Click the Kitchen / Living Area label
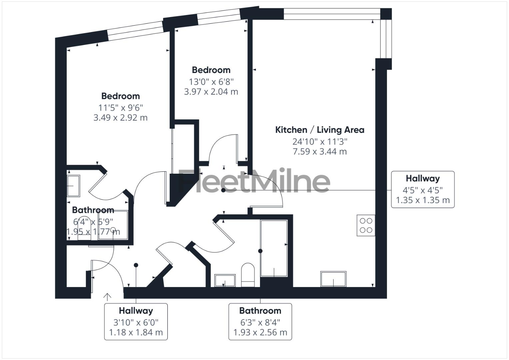(319, 130)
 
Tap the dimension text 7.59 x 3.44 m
(319, 152)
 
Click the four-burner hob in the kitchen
(366, 225)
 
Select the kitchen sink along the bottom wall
(333, 279)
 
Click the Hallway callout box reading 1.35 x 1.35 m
(422, 189)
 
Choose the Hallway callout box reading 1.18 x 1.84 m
(136, 321)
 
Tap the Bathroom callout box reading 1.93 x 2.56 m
(260, 321)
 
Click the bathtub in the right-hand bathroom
(274, 248)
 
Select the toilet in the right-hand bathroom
(248, 275)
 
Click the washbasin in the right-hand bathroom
(225, 280)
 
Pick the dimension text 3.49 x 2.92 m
(120, 118)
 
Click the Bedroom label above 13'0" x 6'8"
(211, 70)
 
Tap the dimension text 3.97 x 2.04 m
(211, 92)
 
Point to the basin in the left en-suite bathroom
(73, 186)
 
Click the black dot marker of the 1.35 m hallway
(223, 190)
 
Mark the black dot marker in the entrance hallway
(136, 265)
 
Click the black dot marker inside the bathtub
(260, 251)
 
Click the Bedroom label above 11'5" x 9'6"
(120, 96)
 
